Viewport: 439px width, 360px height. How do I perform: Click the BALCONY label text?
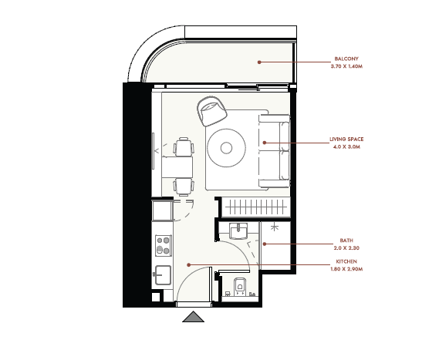coord(346,59)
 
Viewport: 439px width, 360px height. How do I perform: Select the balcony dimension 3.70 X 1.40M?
coord(346,66)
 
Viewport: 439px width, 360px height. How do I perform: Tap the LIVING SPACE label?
coord(346,139)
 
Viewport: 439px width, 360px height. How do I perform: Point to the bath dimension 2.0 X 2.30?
coord(346,247)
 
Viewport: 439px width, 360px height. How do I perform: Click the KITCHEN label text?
coord(346,261)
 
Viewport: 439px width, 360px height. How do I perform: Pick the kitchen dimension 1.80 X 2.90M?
coord(346,269)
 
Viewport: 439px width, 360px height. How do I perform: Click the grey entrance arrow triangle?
coord(193,317)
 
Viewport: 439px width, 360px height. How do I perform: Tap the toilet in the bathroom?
coord(239,287)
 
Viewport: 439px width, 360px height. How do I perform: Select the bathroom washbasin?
coord(238,230)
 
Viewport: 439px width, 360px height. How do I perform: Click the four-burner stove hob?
coord(164,245)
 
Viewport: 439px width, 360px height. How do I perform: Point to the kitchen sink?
coord(162,275)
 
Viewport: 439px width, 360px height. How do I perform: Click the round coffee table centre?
coord(226,148)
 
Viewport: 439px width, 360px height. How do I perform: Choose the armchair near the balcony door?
coord(211,111)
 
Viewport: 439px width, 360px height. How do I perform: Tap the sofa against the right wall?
coord(274,151)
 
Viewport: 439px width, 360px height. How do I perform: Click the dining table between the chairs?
coord(177,167)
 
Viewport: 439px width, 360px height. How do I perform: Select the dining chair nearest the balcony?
coord(184,146)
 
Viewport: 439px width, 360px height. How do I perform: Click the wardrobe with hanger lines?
coord(255,207)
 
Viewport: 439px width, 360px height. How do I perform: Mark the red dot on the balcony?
coord(259,62)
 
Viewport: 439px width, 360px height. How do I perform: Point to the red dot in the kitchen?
coord(189,264)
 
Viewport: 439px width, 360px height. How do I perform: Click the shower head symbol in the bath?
coord(275,227)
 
